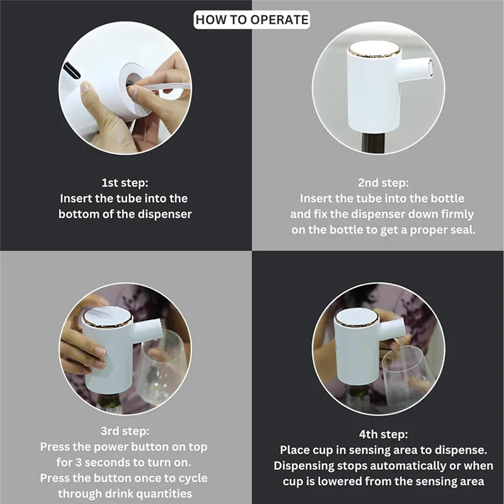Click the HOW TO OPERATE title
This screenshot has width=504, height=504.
pyautogui.click(x=252, y=20)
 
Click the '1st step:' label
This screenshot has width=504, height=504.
pyautogui.click(x=125, y=183)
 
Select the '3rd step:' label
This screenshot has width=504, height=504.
pyautogui.click(x=125, y=431)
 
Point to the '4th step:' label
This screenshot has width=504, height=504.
pyautogui.click(x=379, y=435)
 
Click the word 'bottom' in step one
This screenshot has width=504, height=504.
pyautogui.click(x=78, y=214)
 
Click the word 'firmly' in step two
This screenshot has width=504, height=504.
pyautogui.click(x=455, y=214)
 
